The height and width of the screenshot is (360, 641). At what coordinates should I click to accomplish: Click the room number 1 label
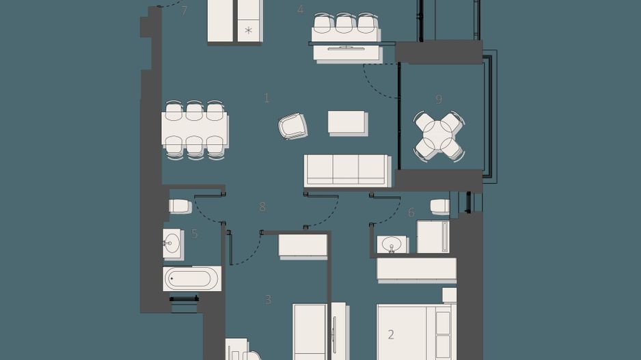(x=267, y=98)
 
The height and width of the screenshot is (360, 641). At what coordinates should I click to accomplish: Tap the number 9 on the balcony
(x=439, y=99)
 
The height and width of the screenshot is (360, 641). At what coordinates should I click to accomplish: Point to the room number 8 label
(x=262, y=207)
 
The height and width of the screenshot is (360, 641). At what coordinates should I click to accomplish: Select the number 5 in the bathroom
(x=195, y=234)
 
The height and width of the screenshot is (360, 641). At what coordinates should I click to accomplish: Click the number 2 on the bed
(x=391, y=335)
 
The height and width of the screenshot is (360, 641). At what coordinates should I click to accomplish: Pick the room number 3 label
(x=269, y=299)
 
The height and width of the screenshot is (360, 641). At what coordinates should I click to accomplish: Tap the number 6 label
(x=411, y=213)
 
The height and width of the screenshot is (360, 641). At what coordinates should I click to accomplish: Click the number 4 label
(x=300, y=10)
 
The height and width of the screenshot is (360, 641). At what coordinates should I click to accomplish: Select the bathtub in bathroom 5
(x=192, y=278)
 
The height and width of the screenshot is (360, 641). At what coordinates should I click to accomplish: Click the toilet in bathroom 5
(x=180, y=206)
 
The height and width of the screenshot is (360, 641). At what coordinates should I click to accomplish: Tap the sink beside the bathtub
(x=172, y=243)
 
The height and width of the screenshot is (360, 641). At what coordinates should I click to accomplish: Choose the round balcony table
(x=439, y=136)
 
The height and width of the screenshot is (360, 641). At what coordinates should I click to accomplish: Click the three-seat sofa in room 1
(x=346, y=170)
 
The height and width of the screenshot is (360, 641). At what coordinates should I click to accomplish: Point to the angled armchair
(x=293, y=126)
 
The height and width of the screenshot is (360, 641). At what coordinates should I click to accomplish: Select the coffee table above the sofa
(x=347, y=122)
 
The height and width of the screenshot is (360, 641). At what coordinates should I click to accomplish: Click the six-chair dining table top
(x=195, y=130)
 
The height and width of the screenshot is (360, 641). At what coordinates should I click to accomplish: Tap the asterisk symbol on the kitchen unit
(x=248, y=31)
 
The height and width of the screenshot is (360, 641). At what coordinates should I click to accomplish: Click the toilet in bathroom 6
(x=439, y=206)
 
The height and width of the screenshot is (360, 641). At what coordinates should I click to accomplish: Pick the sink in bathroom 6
(x=392, y=244)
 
